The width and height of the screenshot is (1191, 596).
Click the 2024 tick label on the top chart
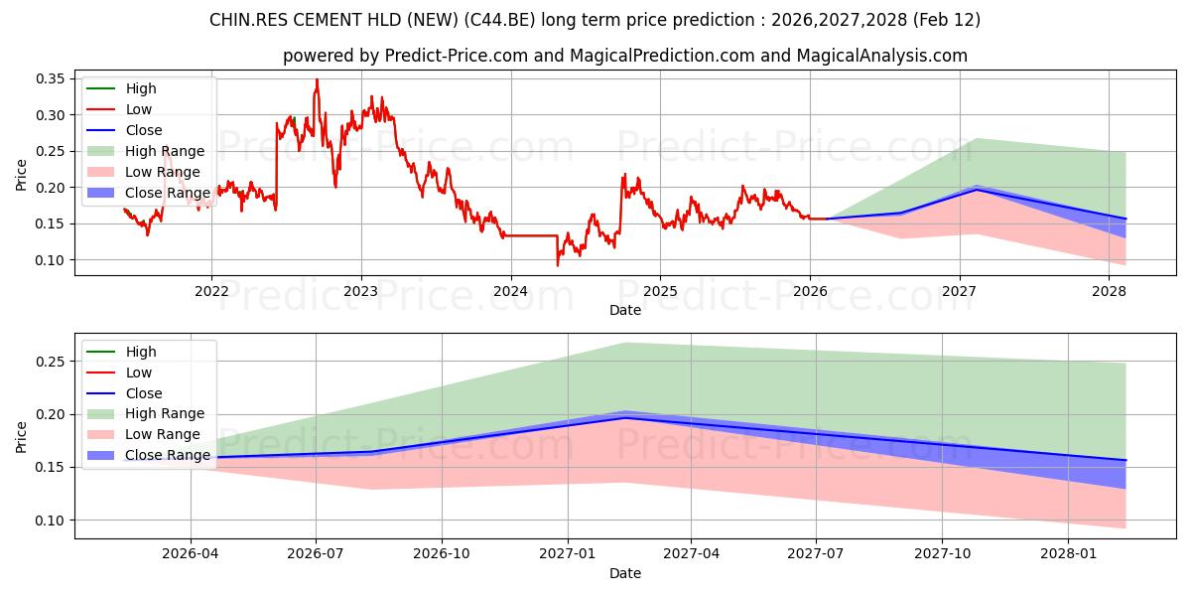coord(510,291)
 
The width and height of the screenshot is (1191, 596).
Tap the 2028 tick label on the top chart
coord(1109,291)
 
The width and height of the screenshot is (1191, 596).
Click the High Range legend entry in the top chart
coord(165,151)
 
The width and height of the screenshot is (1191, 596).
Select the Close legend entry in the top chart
coord(144,130)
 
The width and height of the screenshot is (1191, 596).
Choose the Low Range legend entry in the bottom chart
coord(164,434)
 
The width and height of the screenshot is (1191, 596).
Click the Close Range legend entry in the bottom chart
coord(168,455)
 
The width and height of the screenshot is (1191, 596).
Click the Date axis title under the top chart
coord(625,310)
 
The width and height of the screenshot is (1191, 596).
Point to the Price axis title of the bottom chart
coord(22,436)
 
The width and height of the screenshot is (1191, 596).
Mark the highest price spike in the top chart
coord(317,79)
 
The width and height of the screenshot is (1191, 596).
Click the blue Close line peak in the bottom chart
coord(625,417)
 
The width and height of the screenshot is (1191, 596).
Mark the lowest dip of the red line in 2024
coord(558,264)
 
